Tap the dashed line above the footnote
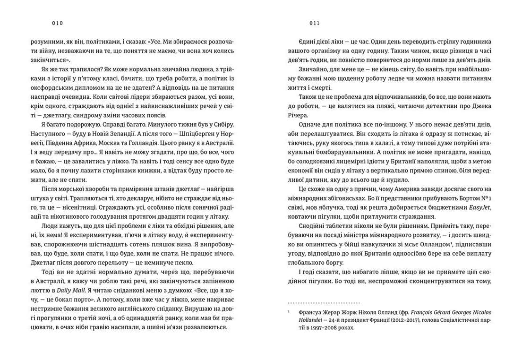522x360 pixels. (324, 302)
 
